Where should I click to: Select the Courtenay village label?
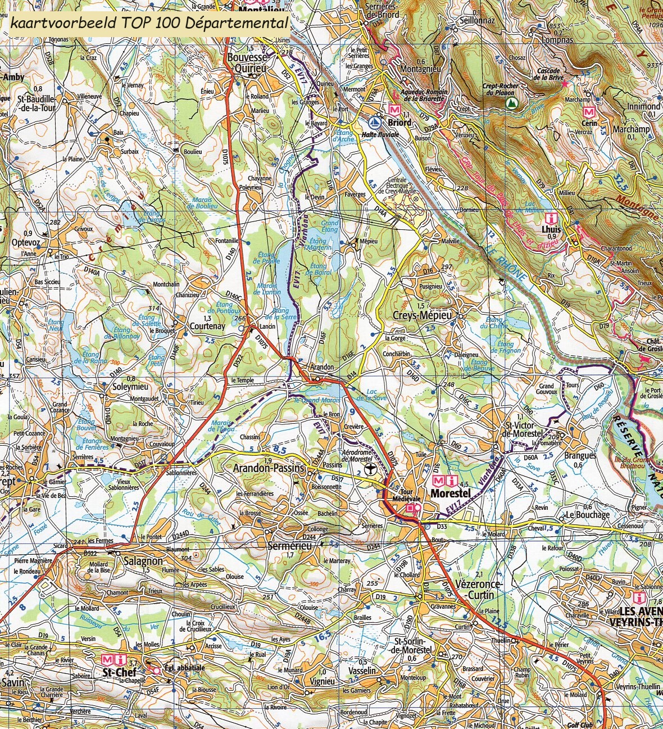pos(207,326)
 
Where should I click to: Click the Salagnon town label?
pos(143,561)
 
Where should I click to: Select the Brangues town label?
pos(580,456)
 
